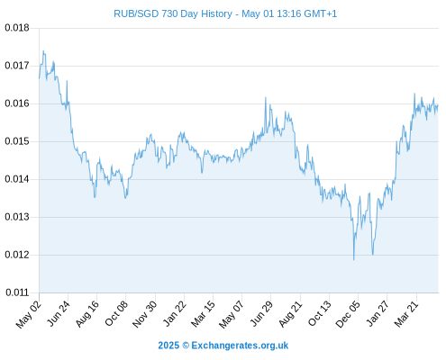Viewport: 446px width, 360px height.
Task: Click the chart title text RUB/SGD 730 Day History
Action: pyautogui.click(x=173, y=13)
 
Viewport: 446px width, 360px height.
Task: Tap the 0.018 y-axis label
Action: pyautogui.click(x=17, y=28)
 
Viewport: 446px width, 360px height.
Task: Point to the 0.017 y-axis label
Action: pyautogui.click(x=17, y=66)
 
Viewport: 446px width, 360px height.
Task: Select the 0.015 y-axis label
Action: pyautogui.click(x=17, y=141)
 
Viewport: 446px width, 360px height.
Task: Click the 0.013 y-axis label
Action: pyautogui.click(x=17, y=217)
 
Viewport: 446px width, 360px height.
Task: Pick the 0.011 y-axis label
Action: pyautogui.click(x=17, y=292)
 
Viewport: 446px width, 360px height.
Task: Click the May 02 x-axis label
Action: pyautogui.click(x=29, y=314)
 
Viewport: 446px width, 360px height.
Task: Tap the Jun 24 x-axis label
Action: pyautogui.click(x=59, y=313)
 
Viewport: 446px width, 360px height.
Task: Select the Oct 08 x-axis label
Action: pyautogui.click(x=116, y=313)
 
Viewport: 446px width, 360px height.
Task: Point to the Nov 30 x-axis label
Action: pyautogui.click(x=145, y=314)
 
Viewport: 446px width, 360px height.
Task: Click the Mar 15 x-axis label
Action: pyautogui.click(x=203, y=314)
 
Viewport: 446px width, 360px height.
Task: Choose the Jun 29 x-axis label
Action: pyautogui.click(x=261, y=313)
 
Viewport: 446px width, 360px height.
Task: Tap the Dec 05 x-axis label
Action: pyautogui.click(x=348, y=314)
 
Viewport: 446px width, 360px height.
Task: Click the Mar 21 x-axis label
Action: pyautogui.click(x=406, y=314)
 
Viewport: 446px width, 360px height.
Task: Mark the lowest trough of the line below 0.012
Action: pyautogui.click(x=354, y=260)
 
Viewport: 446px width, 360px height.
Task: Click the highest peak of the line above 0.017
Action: pyautogui.click(x=43, y=51)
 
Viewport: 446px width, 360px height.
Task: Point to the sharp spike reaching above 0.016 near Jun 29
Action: pyautogui.click(x=266, y=97)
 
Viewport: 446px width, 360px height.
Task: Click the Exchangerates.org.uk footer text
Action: pyautogui.click(x=240, y=346)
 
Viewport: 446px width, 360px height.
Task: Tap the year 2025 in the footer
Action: pyautogui.click(x=168, y=346)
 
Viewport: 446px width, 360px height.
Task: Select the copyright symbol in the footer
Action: pyautogui.click(x=186, y=346)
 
